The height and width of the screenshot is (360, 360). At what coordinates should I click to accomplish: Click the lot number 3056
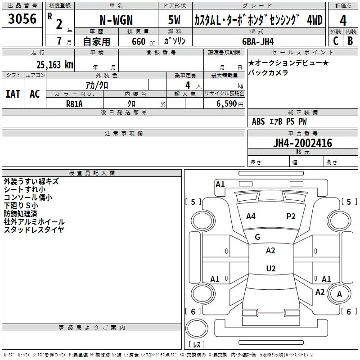[22, 19]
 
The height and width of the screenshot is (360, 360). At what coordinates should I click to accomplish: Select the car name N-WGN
[116, 20]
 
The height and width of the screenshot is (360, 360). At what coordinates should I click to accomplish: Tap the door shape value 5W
[174, 20]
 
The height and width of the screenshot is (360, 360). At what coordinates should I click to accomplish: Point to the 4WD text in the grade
[315, 20]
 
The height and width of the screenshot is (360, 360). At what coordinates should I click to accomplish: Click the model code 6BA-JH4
[258, 41]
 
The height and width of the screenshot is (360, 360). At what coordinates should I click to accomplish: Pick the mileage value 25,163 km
[55, 65]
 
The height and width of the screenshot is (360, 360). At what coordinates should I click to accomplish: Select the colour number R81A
[74, 104]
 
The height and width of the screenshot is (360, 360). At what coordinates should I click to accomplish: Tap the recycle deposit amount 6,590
[227, 104]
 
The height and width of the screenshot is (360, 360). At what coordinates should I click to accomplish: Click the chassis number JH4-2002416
[302, 143]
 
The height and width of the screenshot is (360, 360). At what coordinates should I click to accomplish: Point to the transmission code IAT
[13, 94]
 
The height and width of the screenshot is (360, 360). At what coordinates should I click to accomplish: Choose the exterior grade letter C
[336, 41]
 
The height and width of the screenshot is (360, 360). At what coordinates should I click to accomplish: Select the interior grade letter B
[350, 41]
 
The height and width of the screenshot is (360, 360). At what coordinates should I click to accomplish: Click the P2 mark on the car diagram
[291, 216]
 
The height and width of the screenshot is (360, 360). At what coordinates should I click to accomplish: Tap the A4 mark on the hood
[251, 216]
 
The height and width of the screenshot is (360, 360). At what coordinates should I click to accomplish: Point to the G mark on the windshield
[257, 237]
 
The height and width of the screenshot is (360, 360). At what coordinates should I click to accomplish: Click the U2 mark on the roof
[271, 268]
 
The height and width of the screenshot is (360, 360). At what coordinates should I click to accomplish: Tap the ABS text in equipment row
[258, 121]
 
